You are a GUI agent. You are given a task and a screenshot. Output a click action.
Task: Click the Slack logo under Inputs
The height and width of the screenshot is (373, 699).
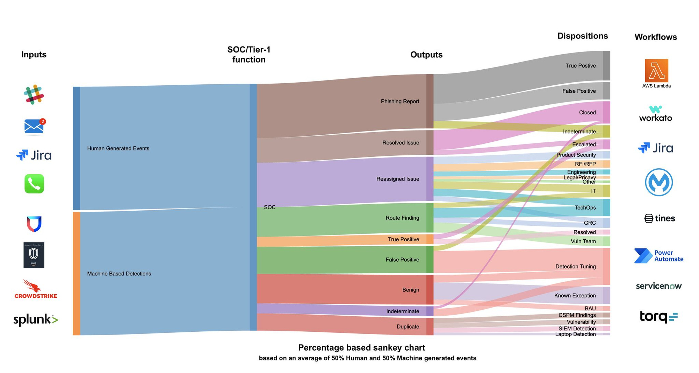coord(34,94)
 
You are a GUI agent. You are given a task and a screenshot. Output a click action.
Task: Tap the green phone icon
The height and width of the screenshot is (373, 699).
coord(34,184)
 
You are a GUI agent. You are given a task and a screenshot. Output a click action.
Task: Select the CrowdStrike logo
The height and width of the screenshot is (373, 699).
coord(36,289)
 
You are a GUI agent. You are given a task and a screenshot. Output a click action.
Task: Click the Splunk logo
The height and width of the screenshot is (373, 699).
coord(35,319)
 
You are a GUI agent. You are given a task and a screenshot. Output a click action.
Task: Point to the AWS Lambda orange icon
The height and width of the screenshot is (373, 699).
coord(656,70)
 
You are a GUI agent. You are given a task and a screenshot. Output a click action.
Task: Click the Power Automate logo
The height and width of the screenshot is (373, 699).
coord(659,256)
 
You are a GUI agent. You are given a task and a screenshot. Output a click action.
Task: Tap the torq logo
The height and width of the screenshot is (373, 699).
coord(658,317)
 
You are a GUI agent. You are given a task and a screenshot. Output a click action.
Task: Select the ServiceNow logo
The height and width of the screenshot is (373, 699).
coord(659,286)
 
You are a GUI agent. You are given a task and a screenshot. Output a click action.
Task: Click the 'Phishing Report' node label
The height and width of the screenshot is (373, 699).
coord(400,101)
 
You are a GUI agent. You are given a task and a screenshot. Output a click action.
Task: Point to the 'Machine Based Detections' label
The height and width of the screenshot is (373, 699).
coord(119,274)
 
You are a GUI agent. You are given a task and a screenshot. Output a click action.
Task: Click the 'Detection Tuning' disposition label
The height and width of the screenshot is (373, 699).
coord(575,267)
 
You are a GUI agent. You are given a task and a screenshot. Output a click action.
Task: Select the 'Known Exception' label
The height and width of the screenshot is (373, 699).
coord(575,296)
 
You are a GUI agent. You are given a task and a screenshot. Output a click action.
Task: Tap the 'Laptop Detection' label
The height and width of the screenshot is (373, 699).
coord(575,334)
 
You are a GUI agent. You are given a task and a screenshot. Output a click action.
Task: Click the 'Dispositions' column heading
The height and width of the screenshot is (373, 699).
coord(583,36)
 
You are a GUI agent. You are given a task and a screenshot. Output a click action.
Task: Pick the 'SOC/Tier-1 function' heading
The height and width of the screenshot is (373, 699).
coord(249,55)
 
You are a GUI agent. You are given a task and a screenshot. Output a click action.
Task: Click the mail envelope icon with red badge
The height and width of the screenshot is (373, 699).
coord(34,127)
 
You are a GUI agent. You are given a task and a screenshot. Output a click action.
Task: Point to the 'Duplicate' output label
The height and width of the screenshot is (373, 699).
coord(408,326)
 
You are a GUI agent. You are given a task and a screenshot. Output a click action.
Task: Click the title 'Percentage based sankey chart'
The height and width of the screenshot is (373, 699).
coord(361,347)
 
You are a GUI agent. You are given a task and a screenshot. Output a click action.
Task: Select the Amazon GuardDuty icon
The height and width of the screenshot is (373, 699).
coord(34,255)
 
